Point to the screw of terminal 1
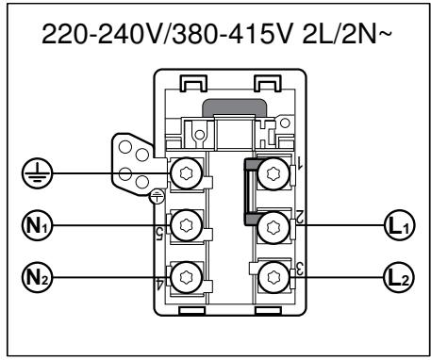pyautogui.click(x=273, y=173)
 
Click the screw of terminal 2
pyautogui.click(x=273, y=226)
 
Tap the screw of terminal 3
pyautogui.click(x=273, y=277)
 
